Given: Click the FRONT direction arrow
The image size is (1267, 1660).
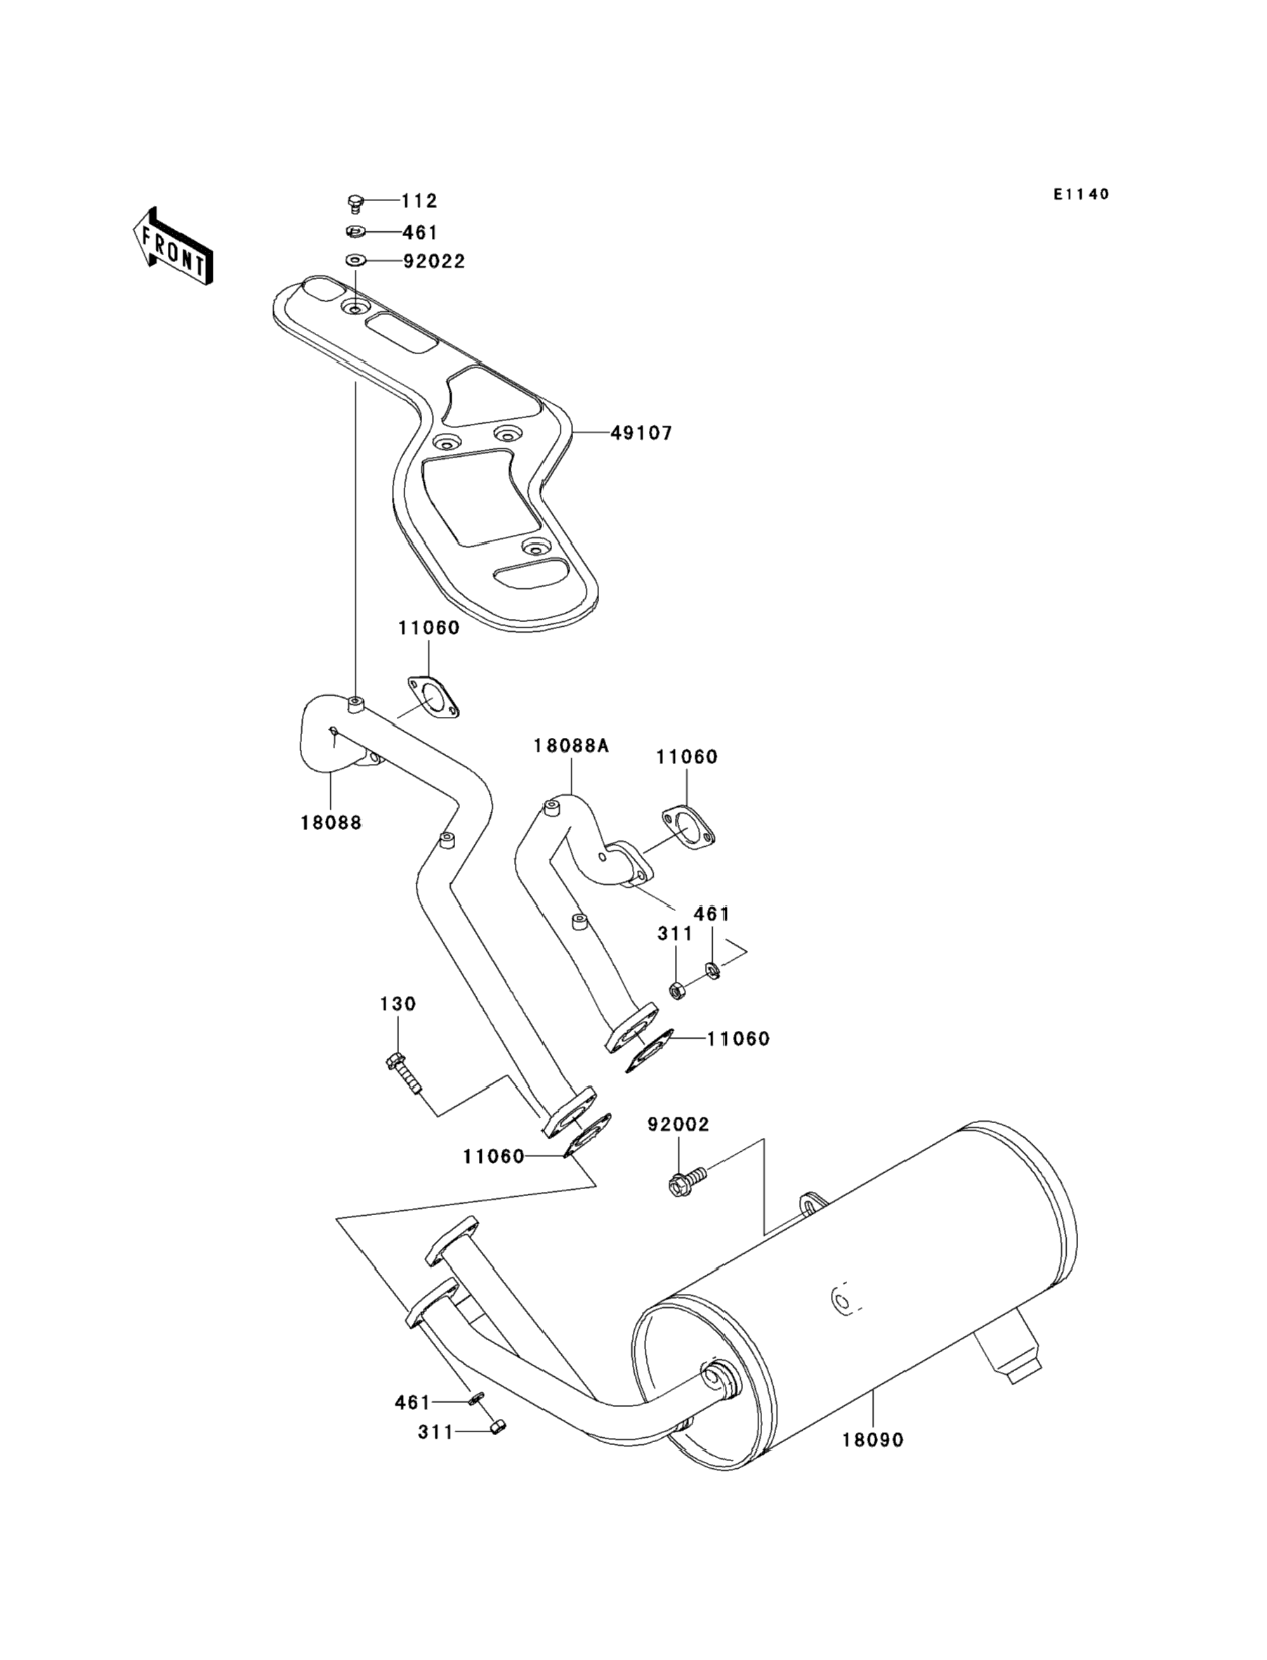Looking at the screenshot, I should tap(173, 247).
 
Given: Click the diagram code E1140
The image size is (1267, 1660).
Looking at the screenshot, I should tap(1082, 195).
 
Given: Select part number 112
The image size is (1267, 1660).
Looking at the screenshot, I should tap(419, 202).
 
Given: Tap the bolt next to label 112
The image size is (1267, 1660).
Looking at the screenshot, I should tap(355, 202).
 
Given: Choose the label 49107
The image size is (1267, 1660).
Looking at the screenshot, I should tap(641, 433).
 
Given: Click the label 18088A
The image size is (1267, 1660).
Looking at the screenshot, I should tap(571, 746).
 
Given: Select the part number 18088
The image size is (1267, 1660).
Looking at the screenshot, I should tap(331, 822).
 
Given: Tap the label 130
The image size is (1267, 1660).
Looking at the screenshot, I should tap(398, 1004).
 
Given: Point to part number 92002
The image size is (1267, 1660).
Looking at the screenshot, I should tap(678, 1146).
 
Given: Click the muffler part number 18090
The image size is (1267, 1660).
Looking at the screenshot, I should tap(872, 1439).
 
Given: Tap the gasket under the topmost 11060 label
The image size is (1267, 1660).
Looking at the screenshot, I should tap(433, 697).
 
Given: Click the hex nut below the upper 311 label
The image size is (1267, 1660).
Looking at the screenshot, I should tap(676, 990).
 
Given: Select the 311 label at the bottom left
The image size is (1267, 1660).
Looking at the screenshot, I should tap(435, 1432).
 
